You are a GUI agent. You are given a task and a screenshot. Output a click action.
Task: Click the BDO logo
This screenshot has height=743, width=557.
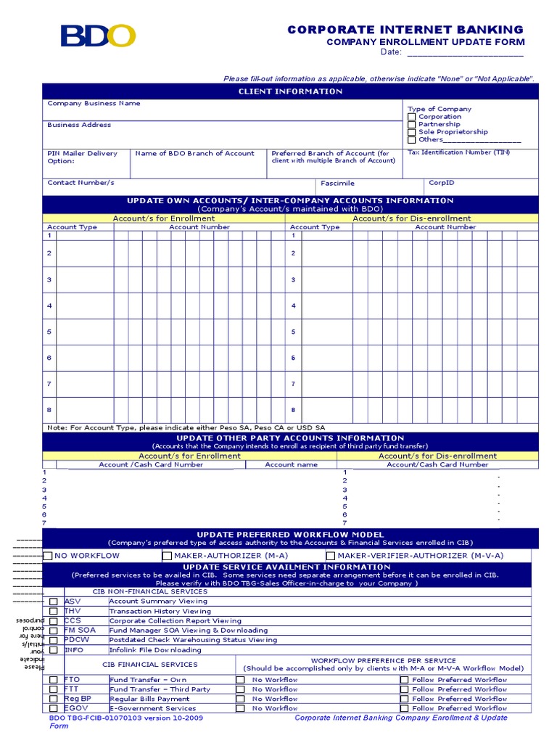pos(98,36)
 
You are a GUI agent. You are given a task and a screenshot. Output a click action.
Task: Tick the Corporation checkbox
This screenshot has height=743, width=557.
pos(412,117)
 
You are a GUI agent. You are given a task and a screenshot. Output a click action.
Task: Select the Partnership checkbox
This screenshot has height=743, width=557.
pos(412,125)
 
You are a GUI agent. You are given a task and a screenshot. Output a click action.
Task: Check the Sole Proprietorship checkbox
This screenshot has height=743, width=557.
pos(412,132)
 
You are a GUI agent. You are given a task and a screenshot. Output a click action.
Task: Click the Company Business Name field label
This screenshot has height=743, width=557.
pos(94,104)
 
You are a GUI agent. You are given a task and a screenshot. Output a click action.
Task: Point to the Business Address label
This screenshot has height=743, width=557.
pos(79,125)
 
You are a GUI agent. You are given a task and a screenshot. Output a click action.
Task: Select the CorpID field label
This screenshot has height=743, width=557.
pos(441,184)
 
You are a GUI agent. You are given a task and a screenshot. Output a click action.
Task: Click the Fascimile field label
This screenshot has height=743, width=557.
pos(337,184)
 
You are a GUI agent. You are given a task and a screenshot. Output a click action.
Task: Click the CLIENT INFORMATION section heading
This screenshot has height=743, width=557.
pos(290,91)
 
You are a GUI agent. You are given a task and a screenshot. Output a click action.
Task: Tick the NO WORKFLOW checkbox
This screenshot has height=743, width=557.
pos(48,556)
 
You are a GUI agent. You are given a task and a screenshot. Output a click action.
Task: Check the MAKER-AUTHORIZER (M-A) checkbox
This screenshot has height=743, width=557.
pos(167,556)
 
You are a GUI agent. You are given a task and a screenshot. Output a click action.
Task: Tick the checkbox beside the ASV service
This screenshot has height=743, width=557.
pos(54,602)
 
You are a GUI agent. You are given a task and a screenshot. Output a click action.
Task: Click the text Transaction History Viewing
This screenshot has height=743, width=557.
pos(160,612)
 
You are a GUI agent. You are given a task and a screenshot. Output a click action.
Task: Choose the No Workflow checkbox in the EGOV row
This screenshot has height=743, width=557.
pos(240,708)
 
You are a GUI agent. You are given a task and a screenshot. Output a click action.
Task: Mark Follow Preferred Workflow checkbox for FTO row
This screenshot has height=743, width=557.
pos(404,680)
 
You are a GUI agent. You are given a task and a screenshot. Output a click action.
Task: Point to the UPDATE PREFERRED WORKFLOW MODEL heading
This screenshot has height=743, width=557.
pos(290,535)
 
